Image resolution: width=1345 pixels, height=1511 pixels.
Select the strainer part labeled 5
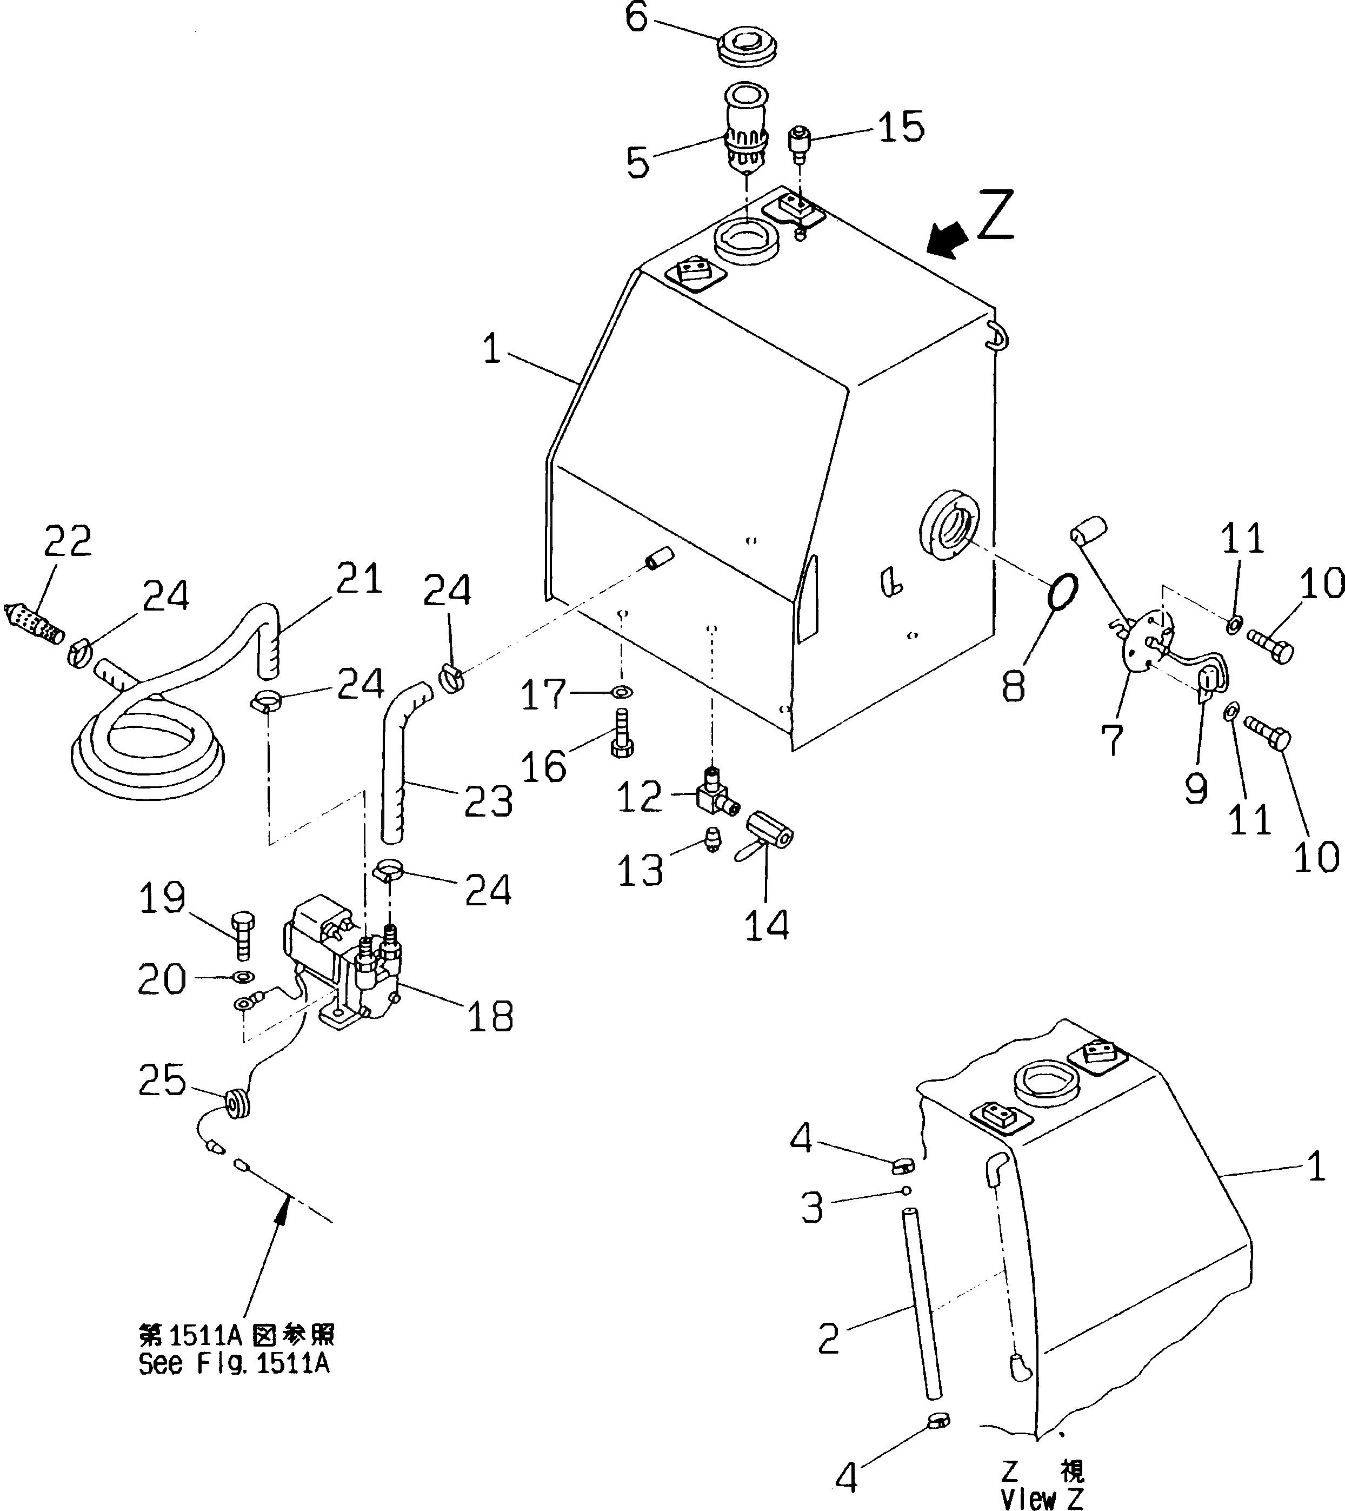pos(747,129)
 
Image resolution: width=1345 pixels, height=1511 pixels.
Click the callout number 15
pos(901,127)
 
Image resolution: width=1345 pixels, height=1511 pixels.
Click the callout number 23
pos(489,801)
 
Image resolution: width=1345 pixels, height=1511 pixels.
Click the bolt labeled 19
pos(242,935)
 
